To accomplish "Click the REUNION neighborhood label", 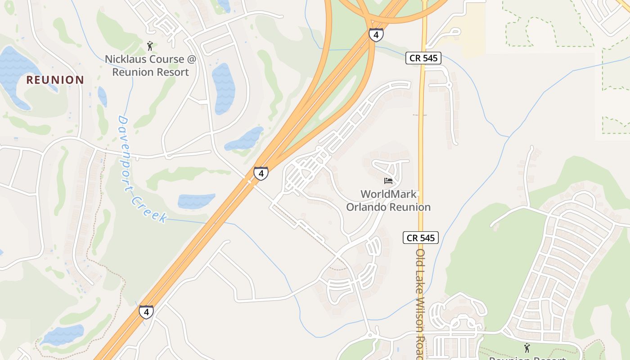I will (55, 80).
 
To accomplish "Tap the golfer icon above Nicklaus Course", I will (150, 46).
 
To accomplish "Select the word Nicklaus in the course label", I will (126, 59).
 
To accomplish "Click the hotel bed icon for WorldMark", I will (388, 181).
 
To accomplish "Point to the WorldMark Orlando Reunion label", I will (388, 201).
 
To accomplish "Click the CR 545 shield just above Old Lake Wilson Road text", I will (420, 238).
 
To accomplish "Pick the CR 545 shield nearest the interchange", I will (423, 58).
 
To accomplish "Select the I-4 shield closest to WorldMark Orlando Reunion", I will (261, 173).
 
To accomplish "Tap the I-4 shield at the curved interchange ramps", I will (376, 35).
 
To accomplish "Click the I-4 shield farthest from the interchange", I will (146, 312).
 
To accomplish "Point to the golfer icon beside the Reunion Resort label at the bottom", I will (527, 347).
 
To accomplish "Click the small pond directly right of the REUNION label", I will (102, 96).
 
